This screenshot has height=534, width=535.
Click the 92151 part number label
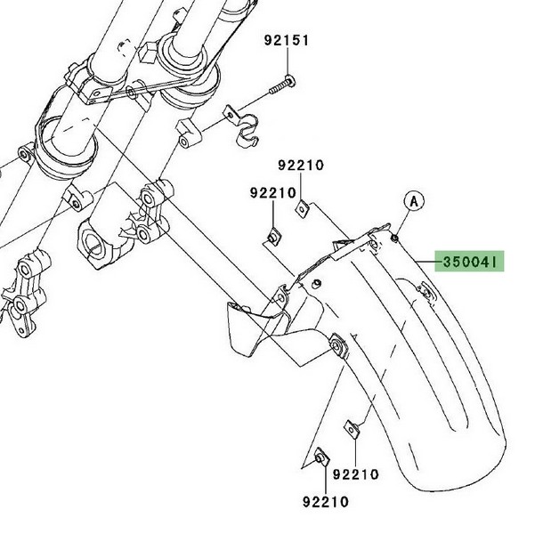tap(287, 41)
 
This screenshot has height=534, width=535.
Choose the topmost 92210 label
tap(301, 166)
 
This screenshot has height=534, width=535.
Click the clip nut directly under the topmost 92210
tap(302, 208)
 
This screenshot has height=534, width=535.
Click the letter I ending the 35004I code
tap(499, 262)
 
